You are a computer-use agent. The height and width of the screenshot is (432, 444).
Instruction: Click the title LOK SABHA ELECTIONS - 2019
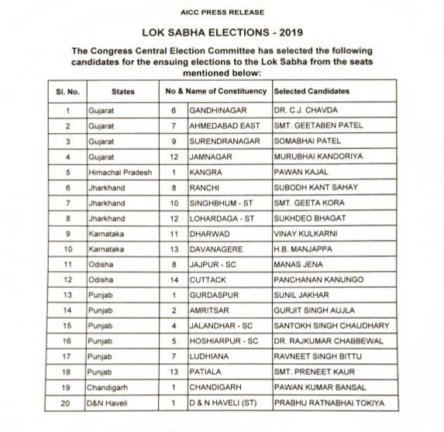[222, 35]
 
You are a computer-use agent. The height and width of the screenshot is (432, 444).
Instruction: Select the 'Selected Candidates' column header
[311, 91]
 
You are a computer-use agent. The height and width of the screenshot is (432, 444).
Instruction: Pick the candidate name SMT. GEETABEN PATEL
[314, 125]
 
